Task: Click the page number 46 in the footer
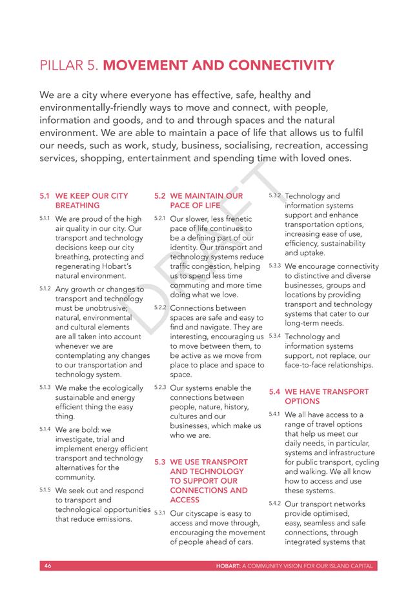pyautogui.click(x=47, y=565)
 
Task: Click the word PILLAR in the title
pyautogui.click(x=60, y=66)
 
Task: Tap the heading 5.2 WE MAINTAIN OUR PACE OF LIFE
pyautogui.click(x=199, y=200)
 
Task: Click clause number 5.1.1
pyautogui.click(x=45, y=219)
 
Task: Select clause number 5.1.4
pyautogui.click(x=45, y=428)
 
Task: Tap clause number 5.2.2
pyautogui.click(x=161, y=307)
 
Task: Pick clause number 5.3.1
pyautogui.click(x=161, y=513)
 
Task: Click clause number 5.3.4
pyautogui.click(x=274, y=336)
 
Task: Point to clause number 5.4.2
pyautogui.click(x=274, y=502)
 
